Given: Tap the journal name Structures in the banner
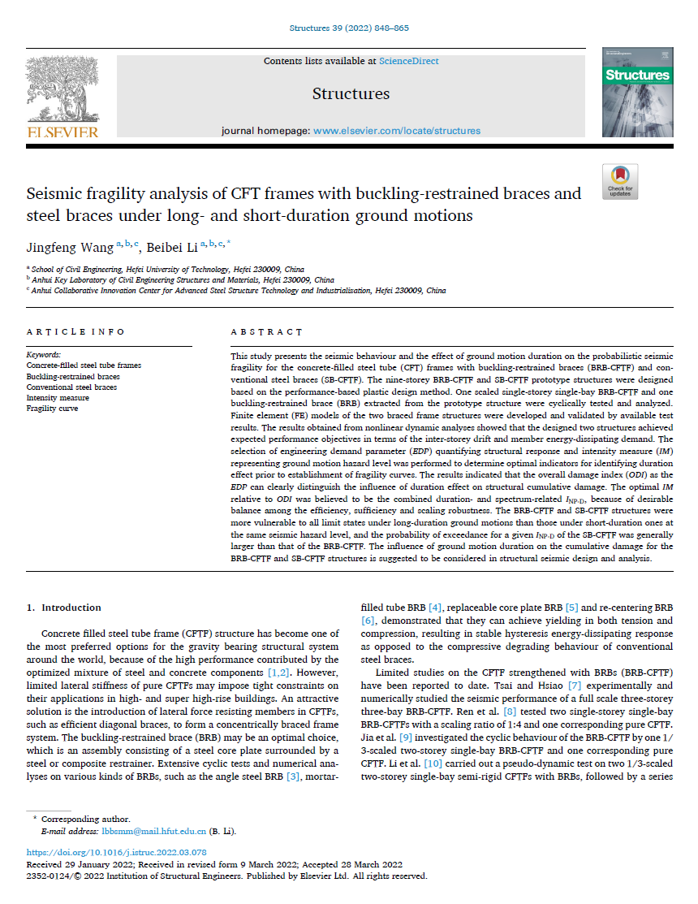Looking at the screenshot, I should (x=351, y=93).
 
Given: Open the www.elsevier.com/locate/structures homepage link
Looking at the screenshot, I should (x=397, y=131).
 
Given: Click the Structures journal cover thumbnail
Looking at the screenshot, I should (x=637, y=92).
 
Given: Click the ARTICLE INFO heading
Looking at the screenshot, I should (x=75, y=332).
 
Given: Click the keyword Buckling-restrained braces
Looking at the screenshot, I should (x=73, y=377).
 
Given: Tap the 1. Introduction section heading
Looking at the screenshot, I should (x=64, y=608).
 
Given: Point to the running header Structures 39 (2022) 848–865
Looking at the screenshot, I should (x=349, y=28).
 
